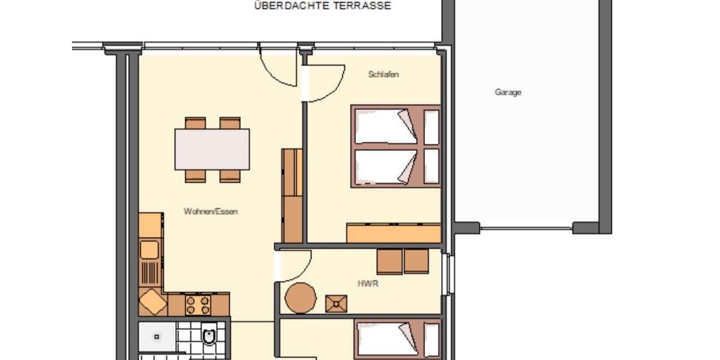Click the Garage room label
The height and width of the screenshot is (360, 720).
(508, 92)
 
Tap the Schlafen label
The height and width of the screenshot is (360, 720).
(383, 74)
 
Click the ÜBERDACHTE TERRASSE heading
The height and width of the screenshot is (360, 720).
(322, 6)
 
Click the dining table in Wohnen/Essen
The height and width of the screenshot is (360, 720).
(212, 149)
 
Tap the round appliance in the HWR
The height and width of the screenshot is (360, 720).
(300, 298)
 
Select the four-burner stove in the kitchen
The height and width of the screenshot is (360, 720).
(198, 305)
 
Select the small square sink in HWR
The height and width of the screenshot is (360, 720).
(337, 303)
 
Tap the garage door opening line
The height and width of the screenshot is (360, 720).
(526, 228)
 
